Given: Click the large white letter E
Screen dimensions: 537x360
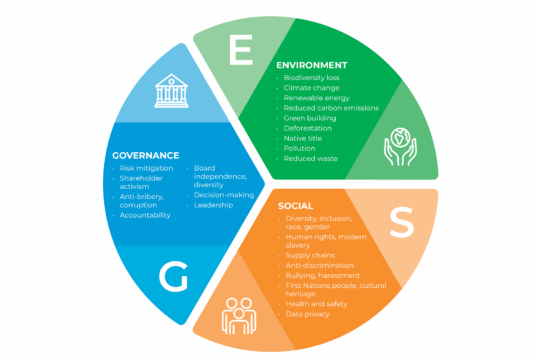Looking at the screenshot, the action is (x=241, y=52).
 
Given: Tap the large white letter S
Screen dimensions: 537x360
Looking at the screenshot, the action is (x=400, y=225).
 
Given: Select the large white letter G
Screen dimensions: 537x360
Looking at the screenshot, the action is (x=173, y=279).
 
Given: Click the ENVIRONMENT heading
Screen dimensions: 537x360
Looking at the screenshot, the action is (x=317, y=65).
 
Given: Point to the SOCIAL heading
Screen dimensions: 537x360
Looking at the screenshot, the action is (x=296, y=205).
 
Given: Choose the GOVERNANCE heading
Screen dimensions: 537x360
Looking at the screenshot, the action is (x=145, y=156).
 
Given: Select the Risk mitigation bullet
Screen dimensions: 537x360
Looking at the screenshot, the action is (x=146, y=169).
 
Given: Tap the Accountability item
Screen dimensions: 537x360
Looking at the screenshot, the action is (x=146, y=215).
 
